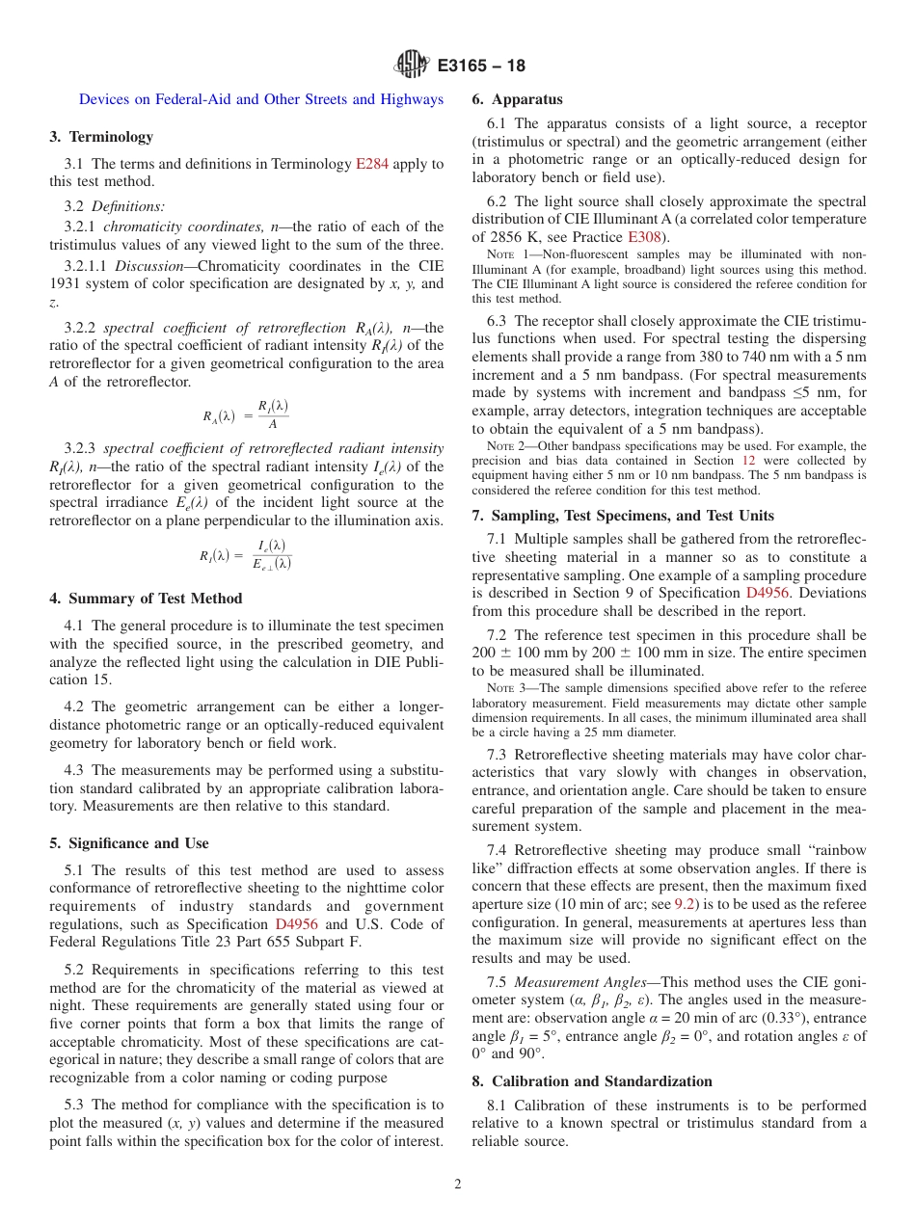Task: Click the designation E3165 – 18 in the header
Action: (x=481, y=67)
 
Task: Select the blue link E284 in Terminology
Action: (x=372, y=164)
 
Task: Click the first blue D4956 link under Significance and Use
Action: (x=296, y=924)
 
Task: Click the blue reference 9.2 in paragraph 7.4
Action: (x=685, y=904)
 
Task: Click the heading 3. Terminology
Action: (x=101, y=137)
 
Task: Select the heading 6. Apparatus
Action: (x=517, y=99)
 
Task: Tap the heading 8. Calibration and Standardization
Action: (x=591, y=1081)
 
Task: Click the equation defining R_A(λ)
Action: (x=246, y=415)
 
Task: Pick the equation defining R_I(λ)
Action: (x=246, y=555)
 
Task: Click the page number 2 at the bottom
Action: (x=458, y=1185)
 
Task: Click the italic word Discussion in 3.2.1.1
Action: (x=147, y=266)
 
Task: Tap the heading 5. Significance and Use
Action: (x=129, y=843)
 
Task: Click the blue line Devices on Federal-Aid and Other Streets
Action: (x=260, y=99)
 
